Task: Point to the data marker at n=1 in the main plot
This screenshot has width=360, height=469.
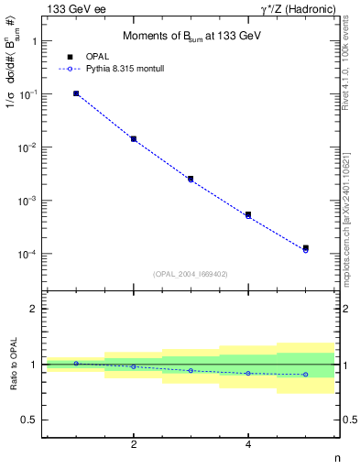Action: click(x=76, y=93)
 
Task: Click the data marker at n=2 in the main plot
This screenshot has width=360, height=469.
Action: click(x=134, y=139)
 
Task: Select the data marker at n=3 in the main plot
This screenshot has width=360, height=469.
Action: click(x=191, y=179)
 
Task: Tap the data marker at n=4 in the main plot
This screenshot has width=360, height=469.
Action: click(x=248, y=215)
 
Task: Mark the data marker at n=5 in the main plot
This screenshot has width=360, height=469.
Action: click(x=306, y=248)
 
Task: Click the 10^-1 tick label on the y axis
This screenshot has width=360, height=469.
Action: click(x=28, y=94)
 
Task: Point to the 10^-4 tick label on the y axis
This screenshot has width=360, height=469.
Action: click(x=28, y=254)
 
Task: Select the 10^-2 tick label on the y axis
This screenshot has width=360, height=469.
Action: click(x=28, y=147)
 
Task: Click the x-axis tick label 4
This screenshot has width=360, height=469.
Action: click(x=248, y=444)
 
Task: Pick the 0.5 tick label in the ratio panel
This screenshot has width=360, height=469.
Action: click(x=28, y=420)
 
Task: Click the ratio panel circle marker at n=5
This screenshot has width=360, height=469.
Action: click(x=306, y=374)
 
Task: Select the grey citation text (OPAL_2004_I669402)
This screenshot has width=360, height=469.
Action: click(x=190, y=274)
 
